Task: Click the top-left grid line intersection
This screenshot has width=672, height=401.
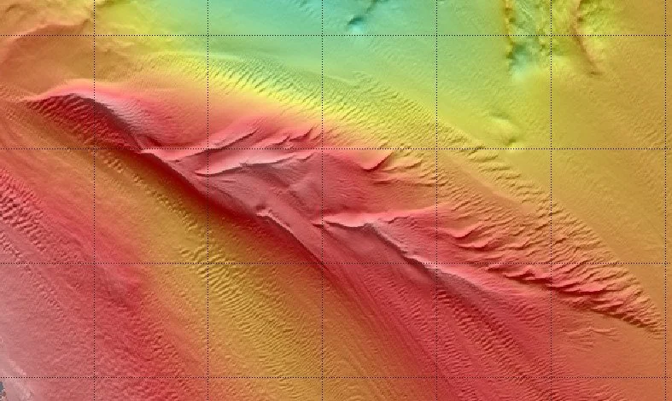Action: tap(95, 35)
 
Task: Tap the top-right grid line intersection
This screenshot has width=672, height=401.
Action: tap(665, 35)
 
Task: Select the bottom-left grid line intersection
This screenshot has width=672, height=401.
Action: tap(95, 377)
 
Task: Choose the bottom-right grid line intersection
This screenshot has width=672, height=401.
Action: tap(665, 377)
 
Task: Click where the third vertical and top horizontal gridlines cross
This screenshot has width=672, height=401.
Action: tap(323, 35)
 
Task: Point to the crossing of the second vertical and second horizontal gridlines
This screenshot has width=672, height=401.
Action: tap(208, 149)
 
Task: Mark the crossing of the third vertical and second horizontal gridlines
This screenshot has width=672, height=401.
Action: tap(323, 149)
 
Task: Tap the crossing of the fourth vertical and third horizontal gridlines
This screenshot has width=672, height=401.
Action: tap(437, 263)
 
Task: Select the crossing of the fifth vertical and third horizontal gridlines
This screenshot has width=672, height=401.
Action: tap(551, 263)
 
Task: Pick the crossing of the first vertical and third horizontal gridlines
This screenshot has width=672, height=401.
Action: tap(95, 263)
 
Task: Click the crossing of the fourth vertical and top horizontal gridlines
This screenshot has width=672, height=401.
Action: tap(437, 35)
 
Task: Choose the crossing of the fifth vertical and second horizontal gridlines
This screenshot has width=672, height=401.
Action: tap(551, 149)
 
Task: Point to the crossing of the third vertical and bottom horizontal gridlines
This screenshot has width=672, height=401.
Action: tap(323, 377)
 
